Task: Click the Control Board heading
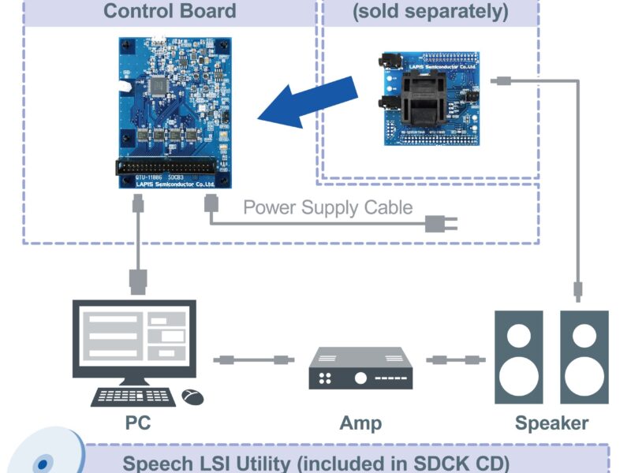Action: point(170,11)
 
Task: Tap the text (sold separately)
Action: point(430,11)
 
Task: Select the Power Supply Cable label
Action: point(327,207)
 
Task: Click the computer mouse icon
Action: point(192,397)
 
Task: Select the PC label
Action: point(138,423)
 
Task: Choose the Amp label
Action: point(360,423)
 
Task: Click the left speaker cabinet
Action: point(518,356)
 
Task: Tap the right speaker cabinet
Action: point(584,356)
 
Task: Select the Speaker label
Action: point(551,423)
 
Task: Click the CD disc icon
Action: point(43,457)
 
